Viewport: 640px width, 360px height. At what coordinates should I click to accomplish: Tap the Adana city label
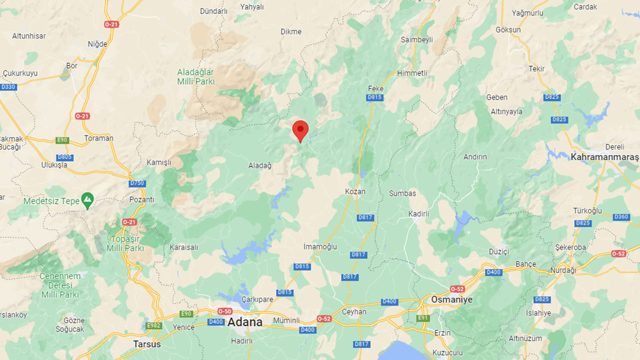[x=245, y=322]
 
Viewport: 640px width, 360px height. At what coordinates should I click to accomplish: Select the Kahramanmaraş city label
[x=605, y=157]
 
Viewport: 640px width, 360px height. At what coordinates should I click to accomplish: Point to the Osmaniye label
[x=452, y=300]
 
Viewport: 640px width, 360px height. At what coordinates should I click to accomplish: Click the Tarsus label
[x=147, y=344]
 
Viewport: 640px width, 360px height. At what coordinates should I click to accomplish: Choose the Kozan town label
[x=355, y=191]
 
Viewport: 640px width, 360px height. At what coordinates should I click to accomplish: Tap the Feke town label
[x=375, y=89]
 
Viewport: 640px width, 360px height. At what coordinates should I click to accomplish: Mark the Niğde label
[x=97, y=44]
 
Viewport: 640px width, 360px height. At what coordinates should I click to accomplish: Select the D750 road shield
[x=137, y=183]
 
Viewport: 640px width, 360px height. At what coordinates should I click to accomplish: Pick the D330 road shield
[x=8, y=86]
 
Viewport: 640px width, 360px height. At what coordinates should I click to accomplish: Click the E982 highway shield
[x=154, y=325]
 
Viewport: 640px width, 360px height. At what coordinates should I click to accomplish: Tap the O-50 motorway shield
[x=225, y=311]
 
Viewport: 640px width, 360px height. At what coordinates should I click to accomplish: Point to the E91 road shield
[x=423, y=318]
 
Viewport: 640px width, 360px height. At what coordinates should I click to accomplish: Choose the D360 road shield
[x=621, y=217]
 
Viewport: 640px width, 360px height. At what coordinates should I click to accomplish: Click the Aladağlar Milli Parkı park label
[x=196, y=77]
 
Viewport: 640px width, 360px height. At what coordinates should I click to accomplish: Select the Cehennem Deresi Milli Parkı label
[x=60, y=285]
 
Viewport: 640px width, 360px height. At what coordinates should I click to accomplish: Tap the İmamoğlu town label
[x=320, y=246]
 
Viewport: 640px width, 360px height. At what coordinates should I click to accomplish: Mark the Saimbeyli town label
[x=417, y=39]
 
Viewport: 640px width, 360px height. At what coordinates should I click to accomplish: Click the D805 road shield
[x=65, y=157]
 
